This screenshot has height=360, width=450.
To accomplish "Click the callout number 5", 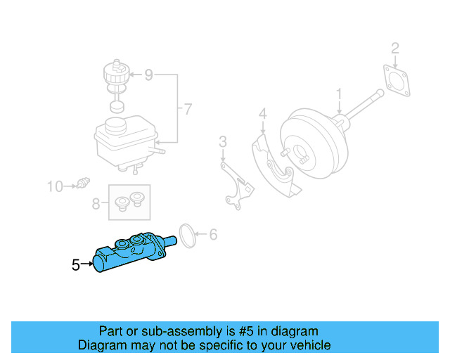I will click(x=76, y=265).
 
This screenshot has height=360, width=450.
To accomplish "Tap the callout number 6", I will click(x=214, y=235).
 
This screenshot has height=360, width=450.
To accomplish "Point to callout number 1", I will click(x=338, y=94).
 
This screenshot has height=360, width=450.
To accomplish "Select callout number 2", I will click(x=395, y=49).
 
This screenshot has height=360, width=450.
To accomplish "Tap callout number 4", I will click(x=262, y=113).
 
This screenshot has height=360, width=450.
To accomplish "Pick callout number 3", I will click(x=223, y=143).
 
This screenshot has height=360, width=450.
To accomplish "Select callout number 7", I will click(x=188, y=108).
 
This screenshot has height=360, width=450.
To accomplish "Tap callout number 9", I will click(x=148, y=74).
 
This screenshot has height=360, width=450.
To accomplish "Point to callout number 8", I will click(x=97, y=204).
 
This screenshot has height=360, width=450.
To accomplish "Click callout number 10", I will click(x=55, y=186).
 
